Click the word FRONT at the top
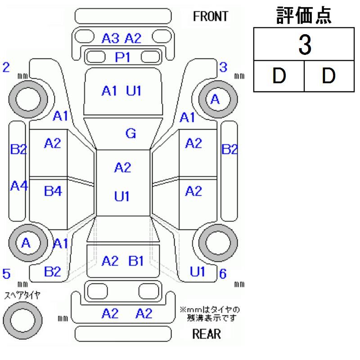(210, 17)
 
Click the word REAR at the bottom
(206, 334)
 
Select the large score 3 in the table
(305, 46)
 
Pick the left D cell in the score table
(279, 76)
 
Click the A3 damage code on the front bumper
(111, 39)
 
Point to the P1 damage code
(121, 57)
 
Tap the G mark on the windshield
(131, 133)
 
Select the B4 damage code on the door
(53, 191)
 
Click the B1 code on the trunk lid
(136, 261)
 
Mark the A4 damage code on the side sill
(18, 186)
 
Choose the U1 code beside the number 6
(198, 271)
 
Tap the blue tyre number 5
(6, 273)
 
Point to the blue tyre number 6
(222, 273)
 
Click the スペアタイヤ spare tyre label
(22, 295)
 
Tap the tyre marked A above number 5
(26, 243)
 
